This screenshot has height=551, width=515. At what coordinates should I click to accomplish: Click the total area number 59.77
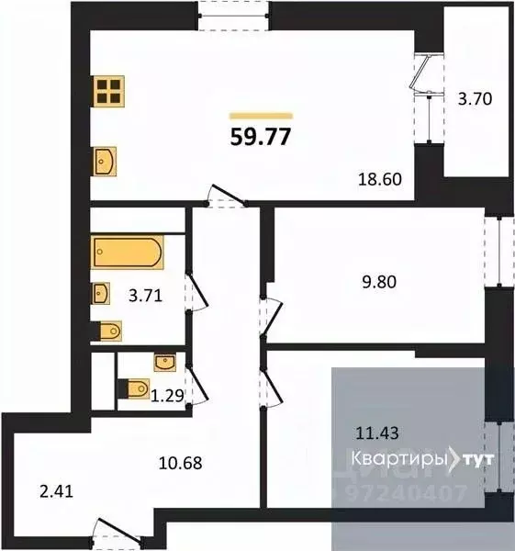263,138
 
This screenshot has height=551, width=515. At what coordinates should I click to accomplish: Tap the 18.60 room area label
381,181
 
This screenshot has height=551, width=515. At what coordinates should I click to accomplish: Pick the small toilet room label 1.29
165,396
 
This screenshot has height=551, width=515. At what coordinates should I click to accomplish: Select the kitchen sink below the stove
105,162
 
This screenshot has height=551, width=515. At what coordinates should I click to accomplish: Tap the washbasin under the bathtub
102,294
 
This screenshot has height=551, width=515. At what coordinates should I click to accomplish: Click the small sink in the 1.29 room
165,361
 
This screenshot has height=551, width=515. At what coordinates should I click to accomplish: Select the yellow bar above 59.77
261,116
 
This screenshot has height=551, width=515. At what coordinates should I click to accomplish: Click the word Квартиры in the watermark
397,458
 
